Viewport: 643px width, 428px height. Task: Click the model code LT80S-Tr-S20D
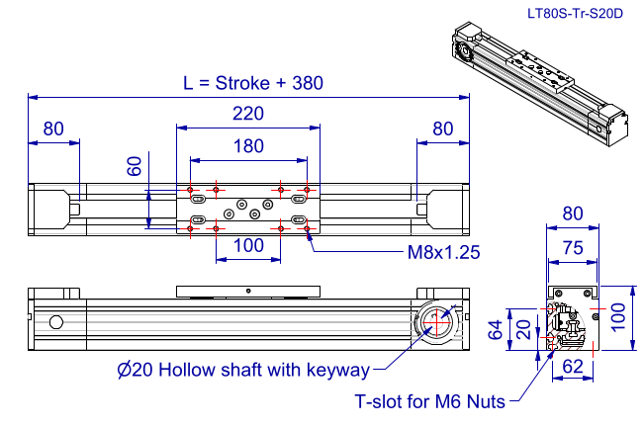575,15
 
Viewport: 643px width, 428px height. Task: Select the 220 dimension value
247,114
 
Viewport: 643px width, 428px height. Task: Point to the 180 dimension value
247,146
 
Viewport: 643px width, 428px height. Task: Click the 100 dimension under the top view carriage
247,245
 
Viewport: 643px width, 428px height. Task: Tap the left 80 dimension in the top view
53,128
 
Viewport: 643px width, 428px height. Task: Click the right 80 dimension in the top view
442,128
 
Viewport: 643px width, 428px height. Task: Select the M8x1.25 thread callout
443,252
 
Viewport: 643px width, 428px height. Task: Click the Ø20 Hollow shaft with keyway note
242,370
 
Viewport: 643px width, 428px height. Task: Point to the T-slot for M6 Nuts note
430,401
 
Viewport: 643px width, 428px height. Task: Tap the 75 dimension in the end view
573,249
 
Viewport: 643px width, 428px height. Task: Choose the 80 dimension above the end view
573,214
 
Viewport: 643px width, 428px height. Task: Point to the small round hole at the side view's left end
55,322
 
